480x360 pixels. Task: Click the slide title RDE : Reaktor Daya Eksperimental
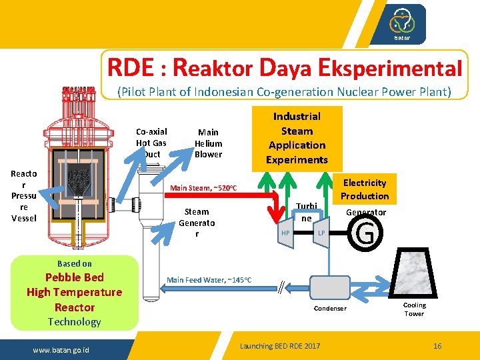(285, 67)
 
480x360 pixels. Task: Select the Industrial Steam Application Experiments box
(297, 138)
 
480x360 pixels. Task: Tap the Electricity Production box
(365, 189)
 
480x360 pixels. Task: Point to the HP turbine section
(285, 233)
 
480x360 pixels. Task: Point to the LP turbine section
(321, 233)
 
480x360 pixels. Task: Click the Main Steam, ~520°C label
(203, 188)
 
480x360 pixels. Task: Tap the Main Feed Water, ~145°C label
(209, 279)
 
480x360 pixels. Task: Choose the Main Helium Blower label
(208, 143)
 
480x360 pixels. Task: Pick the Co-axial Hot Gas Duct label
(151, 143)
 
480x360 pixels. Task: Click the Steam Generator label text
(197, 223)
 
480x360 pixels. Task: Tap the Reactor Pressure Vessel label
(24, 195)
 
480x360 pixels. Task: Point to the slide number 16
(437, 346)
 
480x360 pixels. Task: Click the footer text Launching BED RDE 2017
(280, 346)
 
